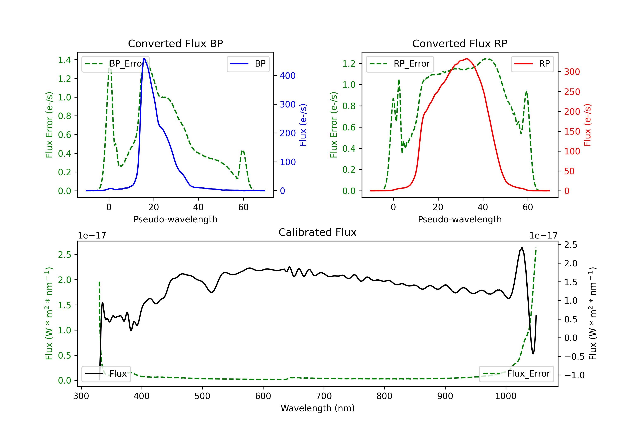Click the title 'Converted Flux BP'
(175, 43)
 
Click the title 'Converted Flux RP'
(460, 43)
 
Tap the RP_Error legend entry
(400, 64)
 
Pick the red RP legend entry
(532, 64)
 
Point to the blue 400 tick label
(288, 76)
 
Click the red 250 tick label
(572, 92)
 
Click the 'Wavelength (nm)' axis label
(318, 408)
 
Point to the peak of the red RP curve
(467, 59)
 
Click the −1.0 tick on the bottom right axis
(574, 375)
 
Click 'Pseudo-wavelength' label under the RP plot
(460, 219)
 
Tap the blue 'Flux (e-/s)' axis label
(303, 125)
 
